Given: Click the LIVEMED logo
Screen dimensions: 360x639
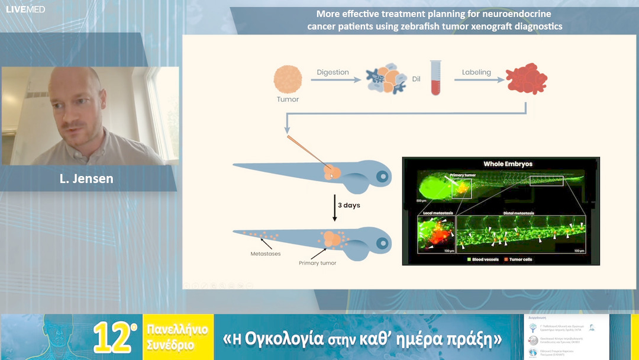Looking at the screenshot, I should (x=25, y=9).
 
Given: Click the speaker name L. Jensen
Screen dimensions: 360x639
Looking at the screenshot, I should (x=86, y=178).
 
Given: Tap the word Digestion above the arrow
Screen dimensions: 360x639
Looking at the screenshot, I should (x=333, y=72).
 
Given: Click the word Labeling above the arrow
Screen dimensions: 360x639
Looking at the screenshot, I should (x=476, y=72).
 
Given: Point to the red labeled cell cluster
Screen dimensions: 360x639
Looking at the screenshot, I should (x=523, y=81).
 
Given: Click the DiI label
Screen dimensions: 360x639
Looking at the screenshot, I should (x=417, y=78).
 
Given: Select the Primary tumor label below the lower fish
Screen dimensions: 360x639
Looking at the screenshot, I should (x=317, y=262).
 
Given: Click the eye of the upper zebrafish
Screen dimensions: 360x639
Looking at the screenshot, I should (x=382, y=176).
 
